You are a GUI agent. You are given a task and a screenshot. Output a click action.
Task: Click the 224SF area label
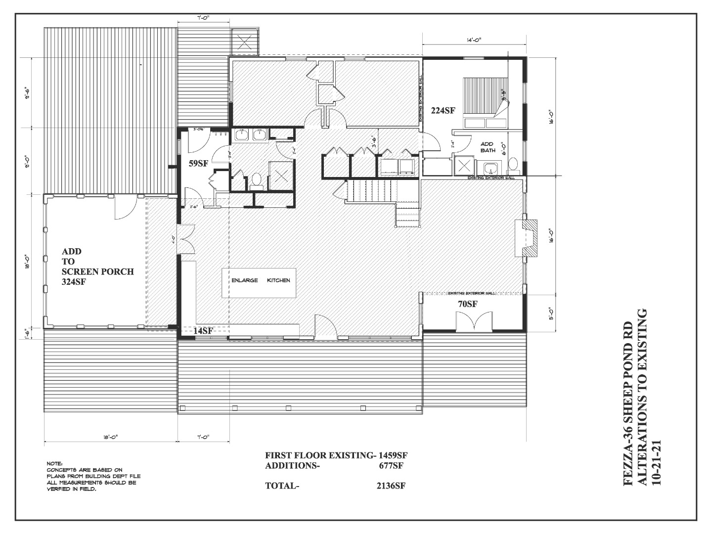pos(443,111)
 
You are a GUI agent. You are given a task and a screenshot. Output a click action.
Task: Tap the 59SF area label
pos(198,163)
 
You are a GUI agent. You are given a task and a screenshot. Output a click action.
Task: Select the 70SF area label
pos(467,305)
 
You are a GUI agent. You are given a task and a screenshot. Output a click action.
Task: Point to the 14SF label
pos(203,331)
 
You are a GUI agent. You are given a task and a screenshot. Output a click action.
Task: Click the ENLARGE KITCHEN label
pos(261,280)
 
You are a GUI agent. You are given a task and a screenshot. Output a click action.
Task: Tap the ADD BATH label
pos(488,147)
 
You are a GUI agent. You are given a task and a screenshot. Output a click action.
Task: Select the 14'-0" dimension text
pos(473,40)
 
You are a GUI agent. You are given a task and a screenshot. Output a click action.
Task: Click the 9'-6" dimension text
pos(28,92)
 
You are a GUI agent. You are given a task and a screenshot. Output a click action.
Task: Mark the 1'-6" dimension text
pos(28,334)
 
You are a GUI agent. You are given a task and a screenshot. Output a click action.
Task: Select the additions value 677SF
pos(392,465)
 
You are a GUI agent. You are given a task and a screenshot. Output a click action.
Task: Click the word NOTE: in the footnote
pos(54,463)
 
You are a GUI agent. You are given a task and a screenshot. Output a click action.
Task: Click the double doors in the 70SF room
pos(474,322)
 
